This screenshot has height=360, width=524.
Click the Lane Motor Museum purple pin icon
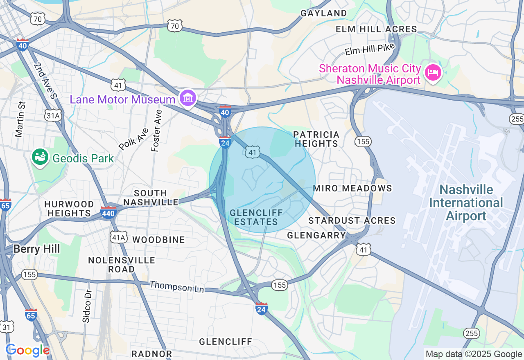[188, 98]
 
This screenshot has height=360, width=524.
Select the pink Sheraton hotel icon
[433, 73]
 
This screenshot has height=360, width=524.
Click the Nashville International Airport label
[466, 202]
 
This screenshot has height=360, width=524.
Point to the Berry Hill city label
[36, 249]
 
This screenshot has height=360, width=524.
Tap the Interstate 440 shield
[108, 212]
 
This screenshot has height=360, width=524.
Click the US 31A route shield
[54, 116]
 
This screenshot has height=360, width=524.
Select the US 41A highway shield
[118, 237]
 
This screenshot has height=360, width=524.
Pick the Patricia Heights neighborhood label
[316, 139]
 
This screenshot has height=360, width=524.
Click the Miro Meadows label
[352, 188]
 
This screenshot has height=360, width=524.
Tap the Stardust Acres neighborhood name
[352, 220]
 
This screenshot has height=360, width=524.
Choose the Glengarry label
[316, 235]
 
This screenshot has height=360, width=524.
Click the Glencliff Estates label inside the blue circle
[256, 217]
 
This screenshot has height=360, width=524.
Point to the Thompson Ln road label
[176, 286]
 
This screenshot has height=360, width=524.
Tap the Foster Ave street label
[156, 130]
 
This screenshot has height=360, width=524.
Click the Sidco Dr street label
[86, 306]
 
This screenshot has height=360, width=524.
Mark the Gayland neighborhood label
[323, 13]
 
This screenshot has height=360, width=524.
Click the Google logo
[27, 350]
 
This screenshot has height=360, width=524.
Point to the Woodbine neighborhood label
[159, 240]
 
